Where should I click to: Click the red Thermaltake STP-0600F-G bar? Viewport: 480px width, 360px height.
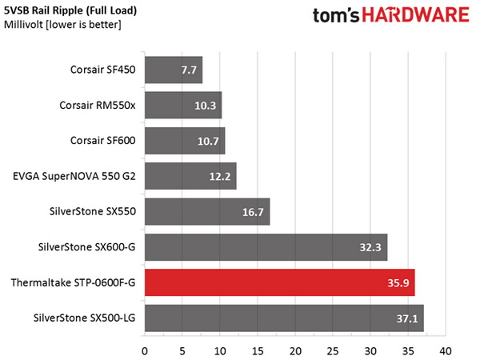279,282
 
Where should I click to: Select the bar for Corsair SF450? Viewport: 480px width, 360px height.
173,70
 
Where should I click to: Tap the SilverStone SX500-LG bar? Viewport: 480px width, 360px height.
284,318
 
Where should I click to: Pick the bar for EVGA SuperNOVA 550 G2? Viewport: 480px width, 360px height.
190,176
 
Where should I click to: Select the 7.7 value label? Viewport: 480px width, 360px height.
190,70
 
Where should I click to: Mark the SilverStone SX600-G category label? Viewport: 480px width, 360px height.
90,247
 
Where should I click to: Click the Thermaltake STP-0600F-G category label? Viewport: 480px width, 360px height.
74,282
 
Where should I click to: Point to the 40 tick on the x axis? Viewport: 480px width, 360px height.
446,350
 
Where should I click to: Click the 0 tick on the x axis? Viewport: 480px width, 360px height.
144,350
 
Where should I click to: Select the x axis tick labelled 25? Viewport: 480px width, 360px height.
333,350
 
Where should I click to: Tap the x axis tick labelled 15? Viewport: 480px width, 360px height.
258,350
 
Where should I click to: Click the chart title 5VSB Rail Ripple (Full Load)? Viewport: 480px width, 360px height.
70,10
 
